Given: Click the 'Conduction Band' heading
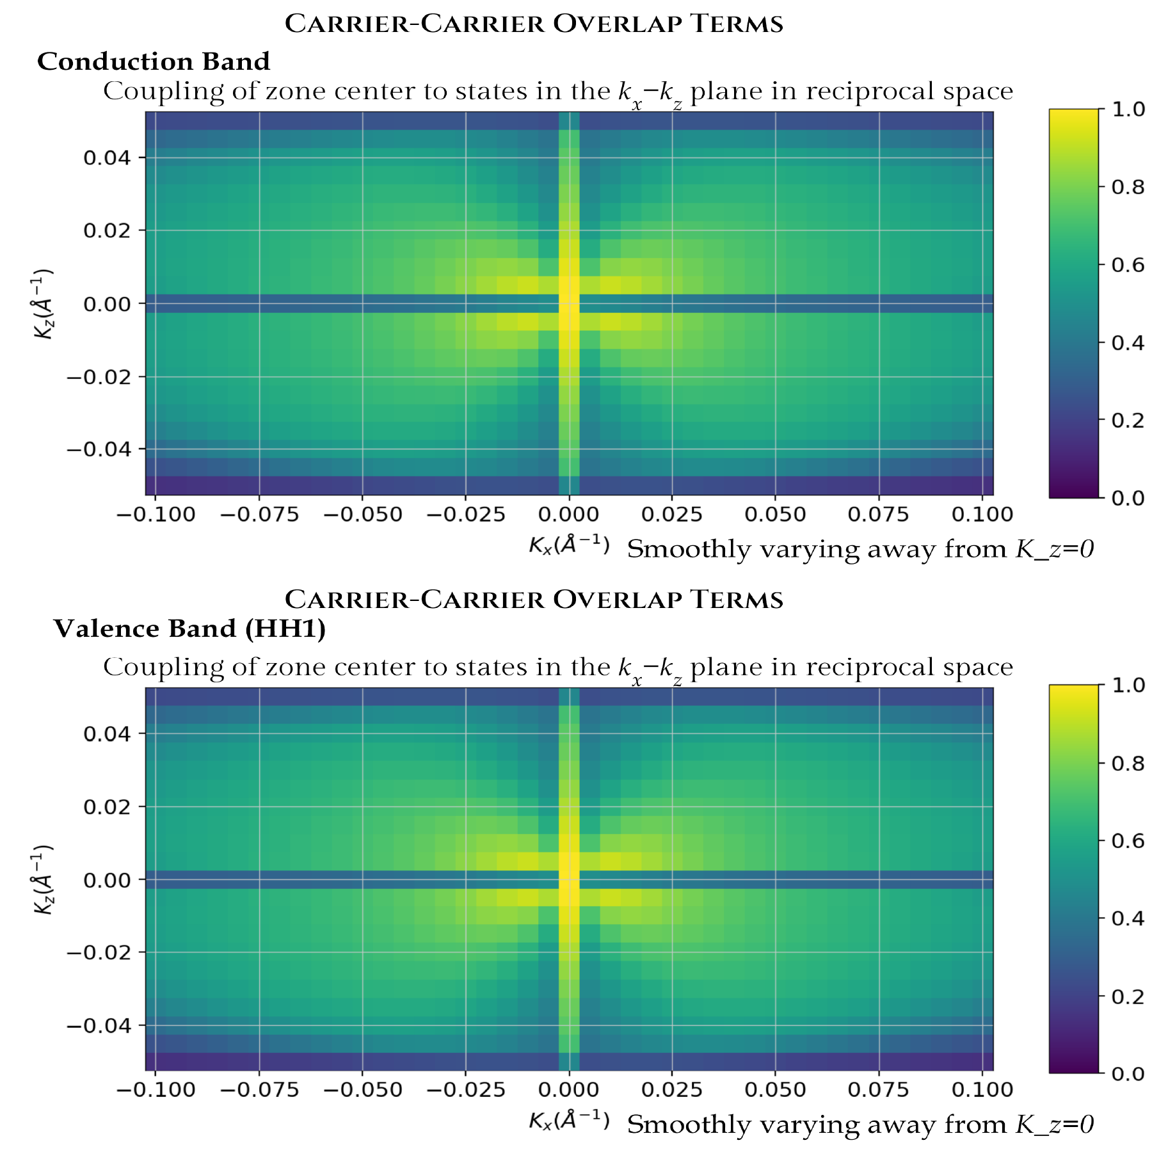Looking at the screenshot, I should tap(154, 61).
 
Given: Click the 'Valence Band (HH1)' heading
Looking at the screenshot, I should tap(189, 628).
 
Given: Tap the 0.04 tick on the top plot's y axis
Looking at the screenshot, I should tap(107, 157).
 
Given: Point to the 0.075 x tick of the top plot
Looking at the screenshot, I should tap(878, 515).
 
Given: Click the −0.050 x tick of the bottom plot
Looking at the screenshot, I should tap(363, 1089).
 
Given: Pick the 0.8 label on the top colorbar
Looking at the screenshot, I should tap(1128, 187).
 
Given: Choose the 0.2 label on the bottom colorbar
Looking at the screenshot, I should tap(1128, 996).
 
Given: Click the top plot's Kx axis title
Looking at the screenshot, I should tap(569, 545).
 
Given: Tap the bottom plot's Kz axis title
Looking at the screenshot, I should tap(44, 879).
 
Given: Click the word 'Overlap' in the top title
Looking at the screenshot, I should tap(618, 24).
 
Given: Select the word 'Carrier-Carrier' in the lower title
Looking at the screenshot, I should tap(415, 600).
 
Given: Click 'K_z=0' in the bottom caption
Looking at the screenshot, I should tap(1055, 1124).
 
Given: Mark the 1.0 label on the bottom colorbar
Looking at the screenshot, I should tap(1128, 685).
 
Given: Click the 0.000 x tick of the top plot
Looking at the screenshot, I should tap(569, 515).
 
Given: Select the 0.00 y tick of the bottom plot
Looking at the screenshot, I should tap(107, 879).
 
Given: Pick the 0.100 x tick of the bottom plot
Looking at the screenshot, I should tap(982, 1089).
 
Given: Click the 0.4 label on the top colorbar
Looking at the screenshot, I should tap(1128, 342).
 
